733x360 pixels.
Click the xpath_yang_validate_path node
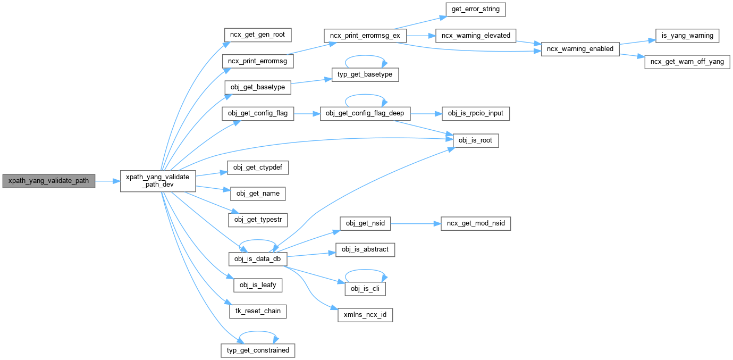(x=49, y=181)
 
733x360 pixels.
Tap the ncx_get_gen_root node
(x=257, y=35)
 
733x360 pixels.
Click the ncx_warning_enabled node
(x=580, y=49)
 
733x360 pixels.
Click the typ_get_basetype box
(x=365, y=74)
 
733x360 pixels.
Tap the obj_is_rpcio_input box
(x=475, y=113)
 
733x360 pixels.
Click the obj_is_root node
(x=475, y=141)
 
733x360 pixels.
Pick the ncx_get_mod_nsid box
(x=476, y=224)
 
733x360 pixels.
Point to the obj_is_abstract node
(x=365, y=249)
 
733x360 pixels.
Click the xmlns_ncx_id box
(x=365, y=315)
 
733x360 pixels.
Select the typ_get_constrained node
(x=257, y=350)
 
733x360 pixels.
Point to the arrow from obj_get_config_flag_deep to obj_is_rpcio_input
(x=426, y=113)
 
